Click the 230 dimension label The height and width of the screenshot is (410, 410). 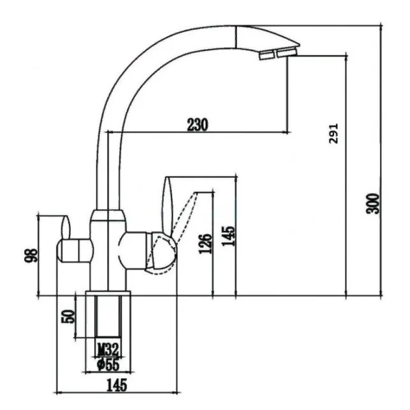tap(198, 125)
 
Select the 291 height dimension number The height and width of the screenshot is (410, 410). tap(333, 134)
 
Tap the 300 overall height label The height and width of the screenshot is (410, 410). tap(372, 203)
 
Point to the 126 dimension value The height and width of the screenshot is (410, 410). tap(205, 244)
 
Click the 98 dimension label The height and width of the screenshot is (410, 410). tap(31, 256)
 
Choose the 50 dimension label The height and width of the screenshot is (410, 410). tap(68, 317)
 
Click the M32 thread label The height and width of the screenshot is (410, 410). tap(108, 349)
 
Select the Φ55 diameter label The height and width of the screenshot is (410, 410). tap(108, 365)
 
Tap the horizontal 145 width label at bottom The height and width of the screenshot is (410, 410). tap(117, 384)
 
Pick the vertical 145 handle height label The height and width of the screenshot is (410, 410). tap(228, 236)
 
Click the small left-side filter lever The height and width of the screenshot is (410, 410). tap(66, 228)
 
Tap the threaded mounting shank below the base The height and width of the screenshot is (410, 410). tap(108, 316)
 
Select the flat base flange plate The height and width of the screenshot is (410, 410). tap(108, 293)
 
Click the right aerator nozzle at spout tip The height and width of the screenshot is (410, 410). tap(287, 52)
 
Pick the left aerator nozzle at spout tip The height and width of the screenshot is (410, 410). tap(267, 55)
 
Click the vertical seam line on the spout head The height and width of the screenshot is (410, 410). tap(236, 36)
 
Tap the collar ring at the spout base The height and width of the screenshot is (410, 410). tap(108, 216)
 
